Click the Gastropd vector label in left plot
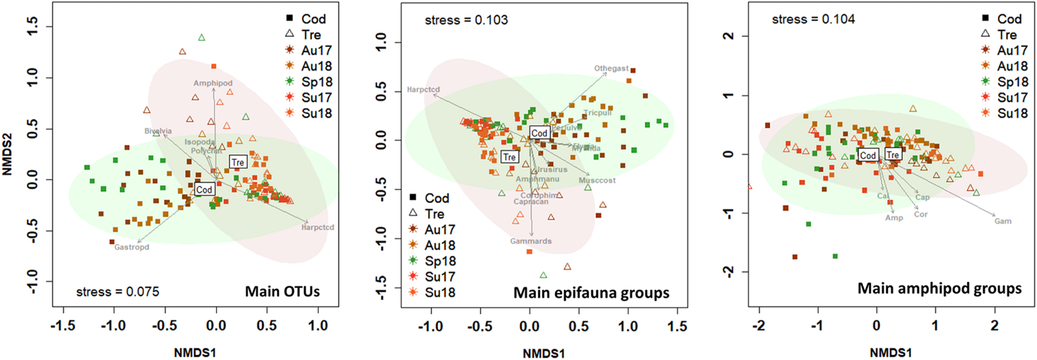point(132,247)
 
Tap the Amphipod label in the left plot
point(213,83)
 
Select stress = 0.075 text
point(118,292)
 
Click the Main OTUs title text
point(282,291)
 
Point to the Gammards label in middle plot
point(531,241)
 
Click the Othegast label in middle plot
point(612,68)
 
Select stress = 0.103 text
point(466,20)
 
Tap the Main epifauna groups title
point(591,293)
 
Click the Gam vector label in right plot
point(1002,221)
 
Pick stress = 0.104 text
point(813,19)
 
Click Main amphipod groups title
point(939,288)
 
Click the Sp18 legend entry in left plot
point(317,82)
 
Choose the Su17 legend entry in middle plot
point(439,276)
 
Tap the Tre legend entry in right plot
point(1007,35)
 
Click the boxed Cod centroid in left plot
point(204,190)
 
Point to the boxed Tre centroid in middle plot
point(510,157)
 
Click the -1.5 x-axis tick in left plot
point(63,325)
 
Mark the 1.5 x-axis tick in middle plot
point(677,326)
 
